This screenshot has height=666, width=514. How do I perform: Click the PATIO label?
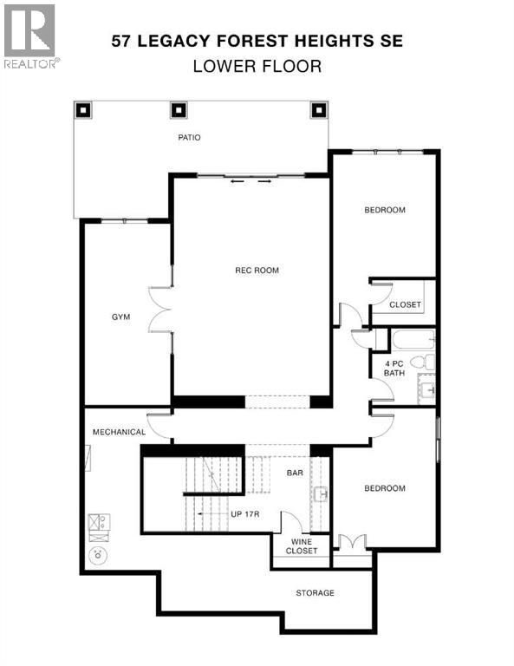190,137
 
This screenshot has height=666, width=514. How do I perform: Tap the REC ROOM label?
257,271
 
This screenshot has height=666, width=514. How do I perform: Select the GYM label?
120,317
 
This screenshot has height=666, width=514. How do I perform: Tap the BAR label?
294,473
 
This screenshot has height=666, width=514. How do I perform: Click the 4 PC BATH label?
394,368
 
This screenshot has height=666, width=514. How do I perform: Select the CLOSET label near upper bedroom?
405,305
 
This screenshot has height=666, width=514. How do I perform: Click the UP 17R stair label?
245,515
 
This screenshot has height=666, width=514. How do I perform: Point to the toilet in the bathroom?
420,362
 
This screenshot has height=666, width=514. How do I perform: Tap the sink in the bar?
320,494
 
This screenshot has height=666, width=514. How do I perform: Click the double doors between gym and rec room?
160,310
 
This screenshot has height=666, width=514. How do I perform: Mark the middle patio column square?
179,111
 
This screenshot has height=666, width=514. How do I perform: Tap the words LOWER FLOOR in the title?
257,65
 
